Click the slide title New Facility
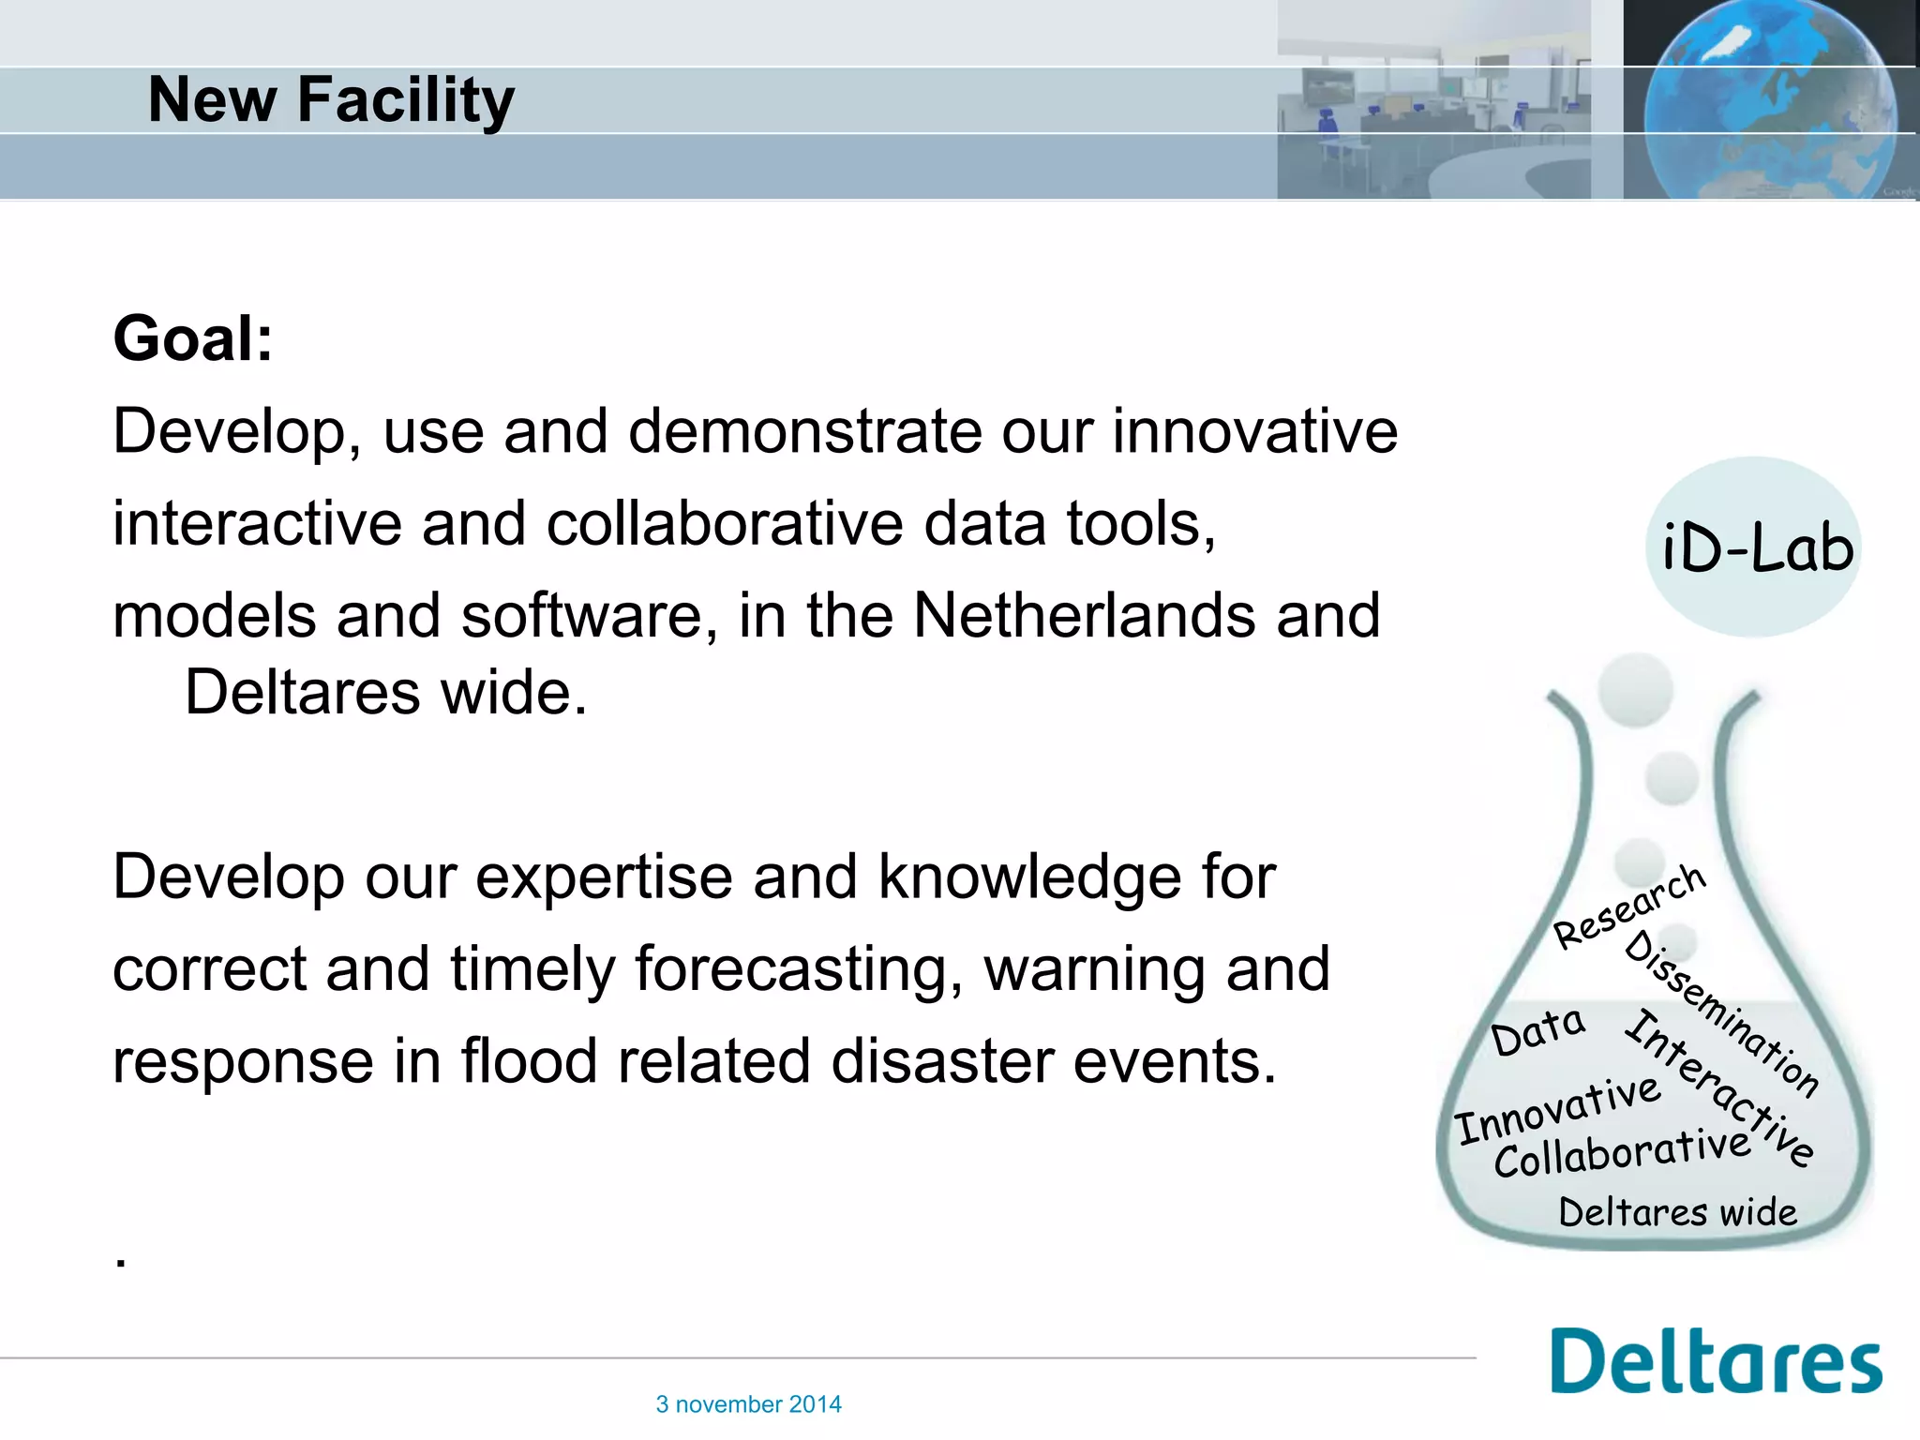(x=331, y=99)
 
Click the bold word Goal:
(x=193, y=338)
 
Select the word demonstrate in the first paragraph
(x=805, y=432)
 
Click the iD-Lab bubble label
(x=1756, y=548)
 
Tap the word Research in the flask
(x=1628, y=907)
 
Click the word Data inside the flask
(x=1537, y=1031)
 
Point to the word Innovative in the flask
(x=1557, y=1111)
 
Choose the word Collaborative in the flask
(x=1622, y=1153)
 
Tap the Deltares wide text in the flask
(x=1677, y=1212)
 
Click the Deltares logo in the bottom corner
(x=1716, y=1361)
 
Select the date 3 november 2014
(x=748, y=1404)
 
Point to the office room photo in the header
(x=1432, y=99)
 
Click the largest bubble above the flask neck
(x=1636, y=690)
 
